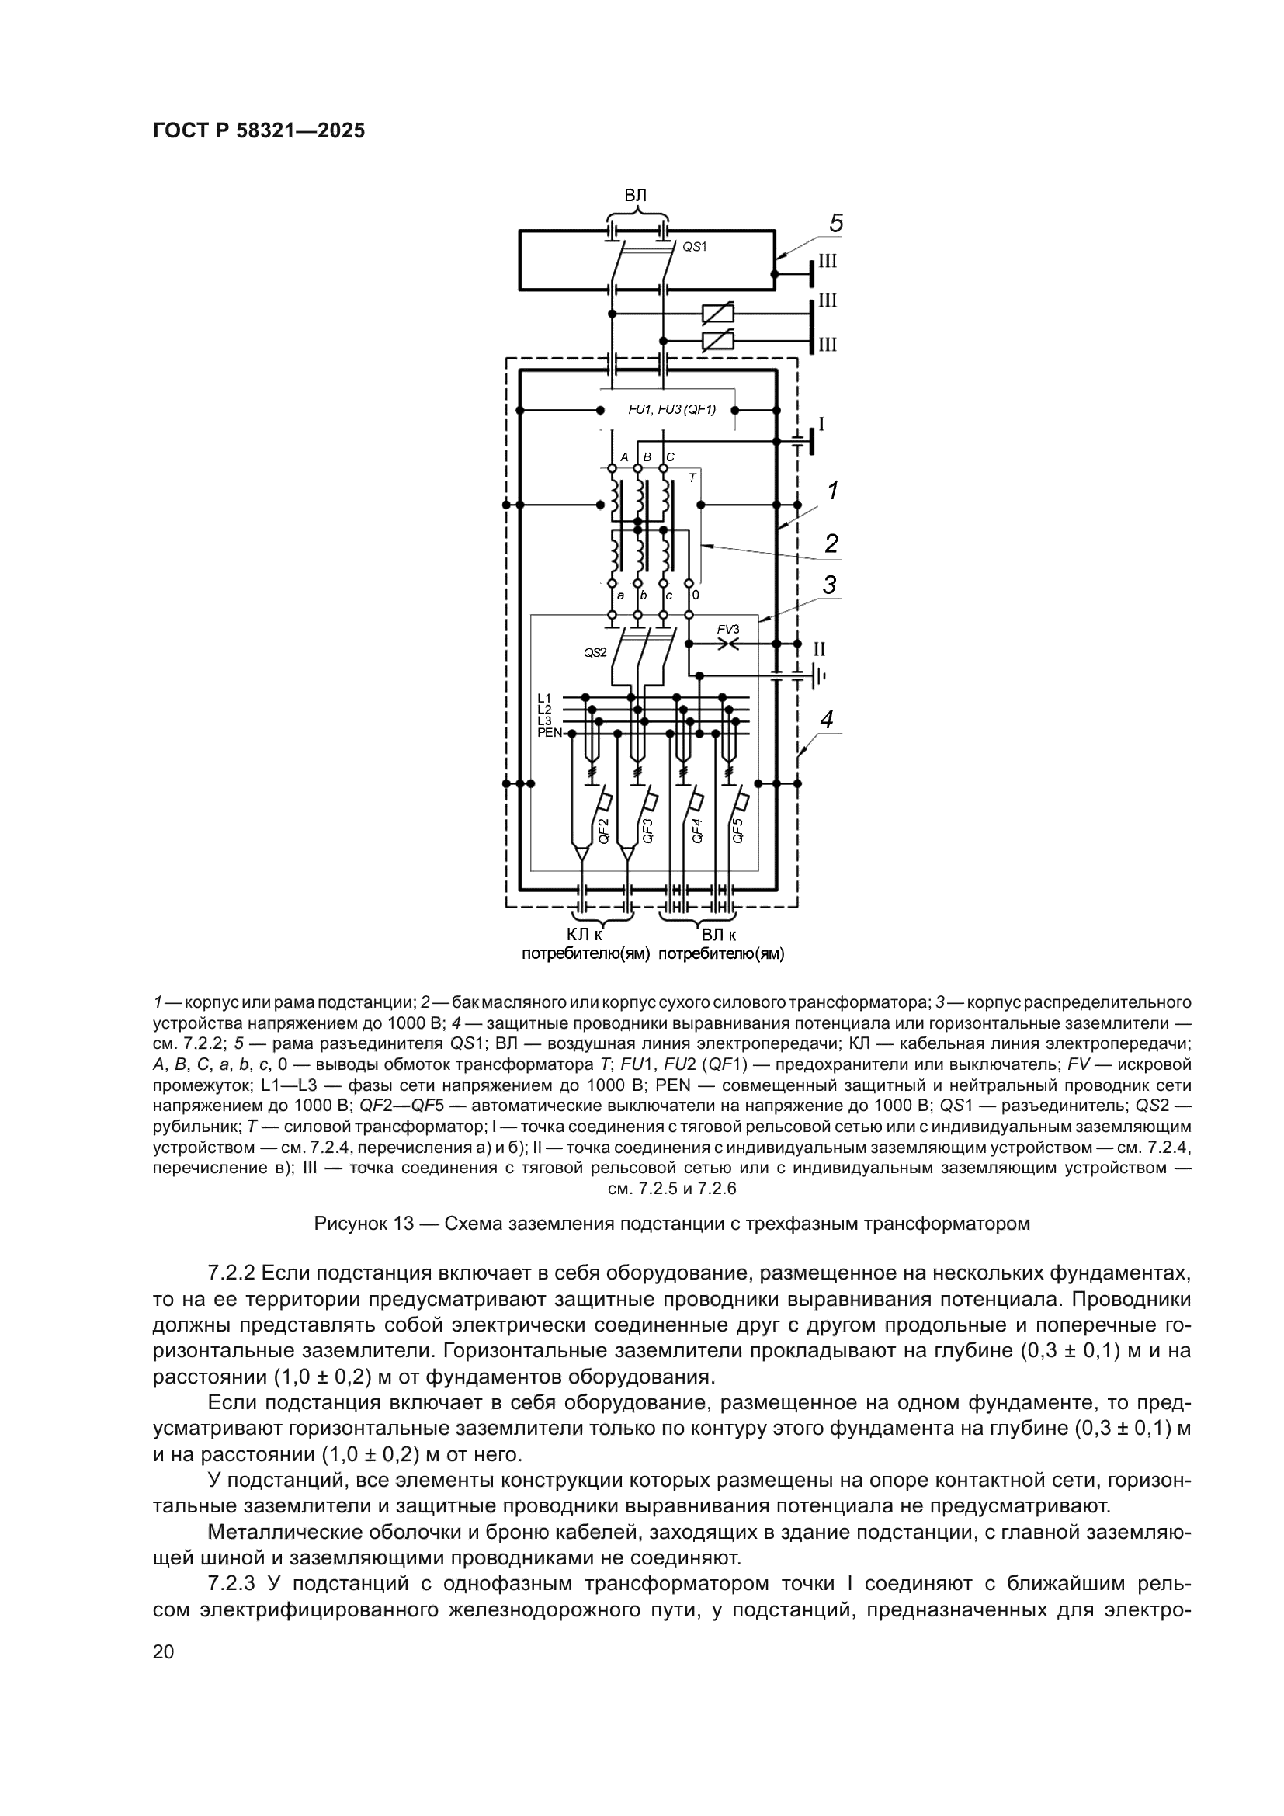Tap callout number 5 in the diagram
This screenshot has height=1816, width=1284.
(x=837, y=224)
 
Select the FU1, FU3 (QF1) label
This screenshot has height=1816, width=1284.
(x=671, y=410)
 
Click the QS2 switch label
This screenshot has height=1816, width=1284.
(x=595, y=652)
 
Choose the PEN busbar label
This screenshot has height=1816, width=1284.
(x=549, y=732)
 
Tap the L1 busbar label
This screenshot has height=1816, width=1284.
(x=544, y=698)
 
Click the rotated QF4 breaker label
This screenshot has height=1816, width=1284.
(x=696, y=831)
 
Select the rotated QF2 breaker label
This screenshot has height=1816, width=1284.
(x=603, y=832)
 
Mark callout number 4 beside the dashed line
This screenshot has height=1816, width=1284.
(x=827, y=719)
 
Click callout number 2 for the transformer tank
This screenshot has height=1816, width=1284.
(x=831, y=543)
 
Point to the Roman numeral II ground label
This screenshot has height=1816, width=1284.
(x=819, y=649)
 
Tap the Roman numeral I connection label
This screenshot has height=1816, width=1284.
(x=821, y=425)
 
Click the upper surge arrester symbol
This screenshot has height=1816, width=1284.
(x=718, y=313)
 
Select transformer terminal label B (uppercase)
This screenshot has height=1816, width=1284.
(x=647, y=457)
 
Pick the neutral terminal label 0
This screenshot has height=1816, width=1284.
(x=695, y=595)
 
